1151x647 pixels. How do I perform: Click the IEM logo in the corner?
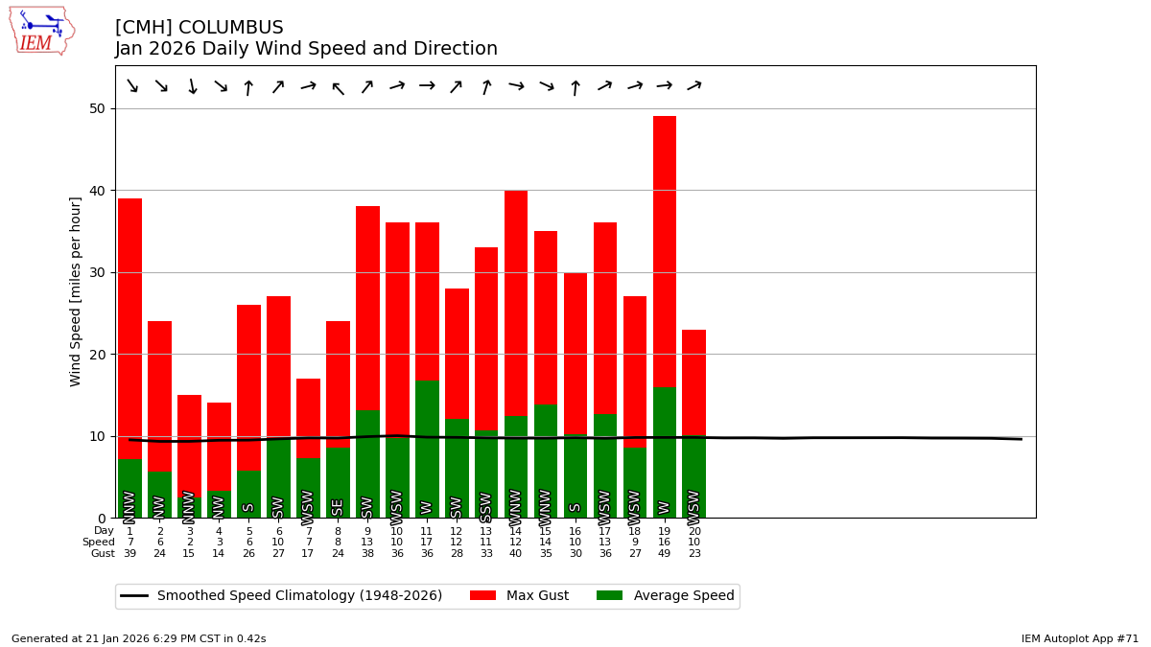(41, 30)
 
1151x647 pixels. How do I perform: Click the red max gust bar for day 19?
(665, 249)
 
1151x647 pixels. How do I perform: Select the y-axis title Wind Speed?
(76, 291)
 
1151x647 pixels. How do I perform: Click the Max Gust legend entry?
(520, 596)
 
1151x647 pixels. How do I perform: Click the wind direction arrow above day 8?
(338, 88)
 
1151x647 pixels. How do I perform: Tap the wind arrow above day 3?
(191, 87)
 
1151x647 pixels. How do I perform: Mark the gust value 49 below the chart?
(665, 554)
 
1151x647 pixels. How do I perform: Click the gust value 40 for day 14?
(516, 554)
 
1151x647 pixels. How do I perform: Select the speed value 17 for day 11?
(427, 543)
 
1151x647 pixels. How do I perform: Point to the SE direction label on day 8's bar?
(338, 507)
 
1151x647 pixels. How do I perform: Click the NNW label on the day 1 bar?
(129, 506)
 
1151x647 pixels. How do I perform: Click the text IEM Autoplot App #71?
(1080, 638)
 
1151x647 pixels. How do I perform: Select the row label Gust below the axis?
(103, 554)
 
